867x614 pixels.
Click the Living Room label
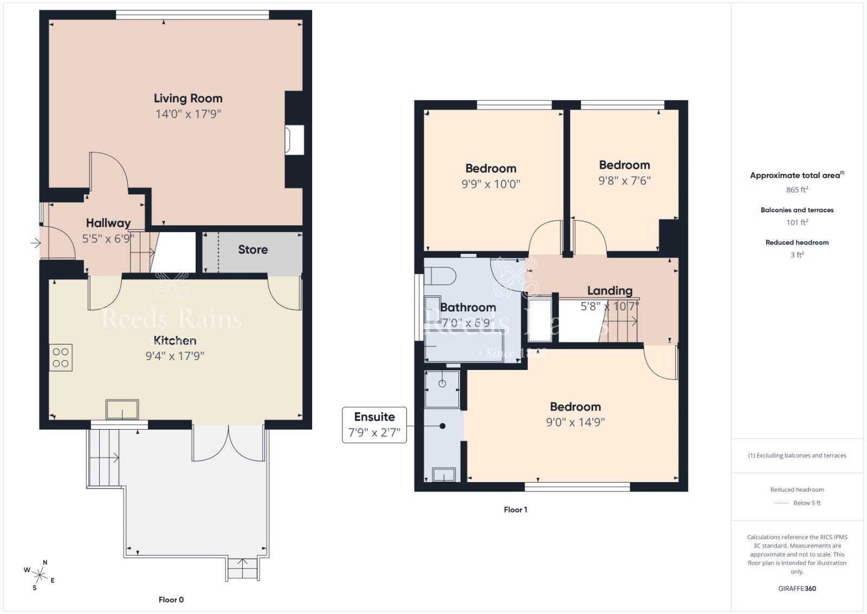188,98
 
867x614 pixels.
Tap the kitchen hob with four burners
61,358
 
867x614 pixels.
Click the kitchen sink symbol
122,409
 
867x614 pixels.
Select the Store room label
253,250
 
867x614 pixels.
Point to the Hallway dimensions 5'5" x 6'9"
108,239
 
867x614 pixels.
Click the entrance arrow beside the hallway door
35,243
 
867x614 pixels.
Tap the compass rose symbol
40,574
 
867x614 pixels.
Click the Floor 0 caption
171,599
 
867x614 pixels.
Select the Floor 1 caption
515,509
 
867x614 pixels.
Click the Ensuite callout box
374,425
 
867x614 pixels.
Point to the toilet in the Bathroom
440,277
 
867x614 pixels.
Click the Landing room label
610,291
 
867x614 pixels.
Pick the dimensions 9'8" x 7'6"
624,181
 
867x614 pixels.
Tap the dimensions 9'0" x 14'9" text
575,422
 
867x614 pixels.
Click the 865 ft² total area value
797,190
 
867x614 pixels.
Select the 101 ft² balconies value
797,222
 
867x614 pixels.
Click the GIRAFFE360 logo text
797,589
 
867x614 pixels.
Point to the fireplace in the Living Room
295,140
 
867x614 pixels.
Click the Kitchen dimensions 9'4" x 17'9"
174,356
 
